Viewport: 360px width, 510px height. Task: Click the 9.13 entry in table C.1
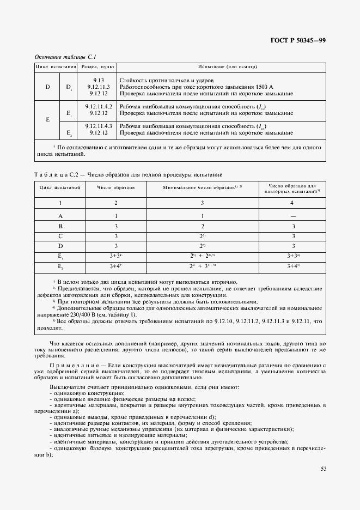[98, 80]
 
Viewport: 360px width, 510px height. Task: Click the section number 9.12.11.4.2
[98, 106]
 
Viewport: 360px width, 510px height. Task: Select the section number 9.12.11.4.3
[98, 126]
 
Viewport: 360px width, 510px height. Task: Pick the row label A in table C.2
[61, 216]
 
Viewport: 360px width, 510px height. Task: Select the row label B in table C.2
[61, 226]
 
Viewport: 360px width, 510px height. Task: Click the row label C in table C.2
[61, 236]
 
